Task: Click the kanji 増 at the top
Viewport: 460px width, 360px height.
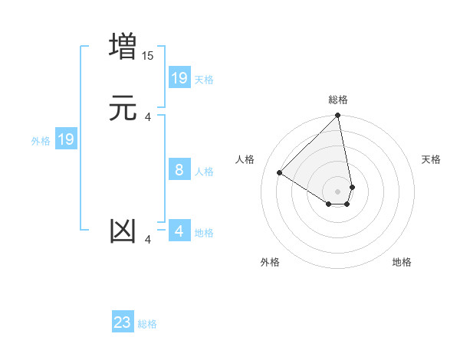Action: [123, 47]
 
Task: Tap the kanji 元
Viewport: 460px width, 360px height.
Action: [123, 108]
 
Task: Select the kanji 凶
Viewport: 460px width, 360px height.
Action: [123, 231]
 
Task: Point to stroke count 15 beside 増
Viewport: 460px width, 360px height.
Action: [148, 56]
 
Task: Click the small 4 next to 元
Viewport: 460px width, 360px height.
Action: [148, 117]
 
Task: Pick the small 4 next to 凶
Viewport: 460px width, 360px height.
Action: [148, 240]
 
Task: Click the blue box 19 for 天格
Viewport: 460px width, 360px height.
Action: [179, 77]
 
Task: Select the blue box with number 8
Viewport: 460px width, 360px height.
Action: [179, 170]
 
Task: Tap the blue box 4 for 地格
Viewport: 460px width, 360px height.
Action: [179, 231]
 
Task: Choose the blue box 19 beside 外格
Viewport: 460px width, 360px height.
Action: [66, 139]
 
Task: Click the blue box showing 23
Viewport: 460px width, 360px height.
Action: [123, 322]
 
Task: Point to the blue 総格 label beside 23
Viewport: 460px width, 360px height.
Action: [148, 325]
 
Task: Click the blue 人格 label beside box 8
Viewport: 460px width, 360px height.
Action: [205, 172]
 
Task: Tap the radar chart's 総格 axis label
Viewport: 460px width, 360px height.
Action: [338, 100]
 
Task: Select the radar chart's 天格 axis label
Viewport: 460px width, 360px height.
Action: [432, 159]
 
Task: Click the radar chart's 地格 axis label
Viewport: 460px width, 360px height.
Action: [402, 262]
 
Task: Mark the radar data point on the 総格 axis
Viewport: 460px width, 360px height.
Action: [338, 116]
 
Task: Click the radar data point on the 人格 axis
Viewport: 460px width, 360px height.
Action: [280, 173]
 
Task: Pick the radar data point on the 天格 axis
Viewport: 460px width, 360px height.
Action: [352, 187]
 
